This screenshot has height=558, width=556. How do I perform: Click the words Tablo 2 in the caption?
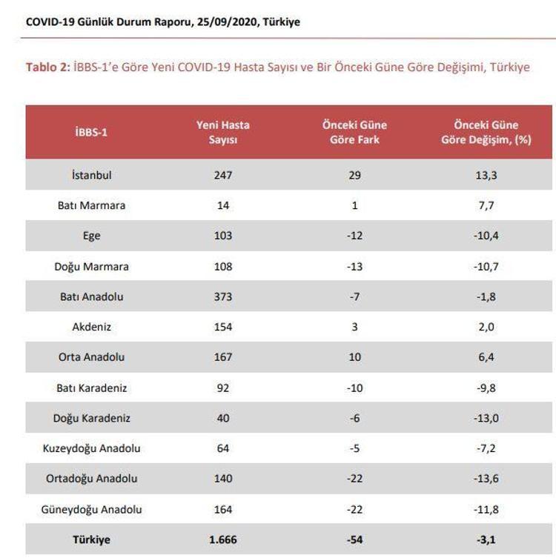[x=47, y=67]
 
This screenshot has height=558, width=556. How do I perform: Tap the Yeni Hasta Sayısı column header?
[x=222, y=132]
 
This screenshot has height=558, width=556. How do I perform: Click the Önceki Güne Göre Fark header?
[x=354, y=132]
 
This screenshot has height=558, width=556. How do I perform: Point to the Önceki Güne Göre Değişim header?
[x=486, y=132]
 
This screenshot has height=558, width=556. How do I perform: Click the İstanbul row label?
[x=91, y=176]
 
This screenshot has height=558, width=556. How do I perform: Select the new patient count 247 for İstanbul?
[x=222, y=176]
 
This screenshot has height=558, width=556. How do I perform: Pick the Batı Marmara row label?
[x=91, y=206]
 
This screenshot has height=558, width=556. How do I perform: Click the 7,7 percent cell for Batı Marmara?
[x=486, y=206]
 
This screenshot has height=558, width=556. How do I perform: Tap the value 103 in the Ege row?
[x=222, y=236]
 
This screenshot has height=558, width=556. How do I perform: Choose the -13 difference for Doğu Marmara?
[x=354, y=266]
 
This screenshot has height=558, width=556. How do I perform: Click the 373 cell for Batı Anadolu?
[x=222, y=296]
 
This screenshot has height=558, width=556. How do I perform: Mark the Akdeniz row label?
[x=91, y=327]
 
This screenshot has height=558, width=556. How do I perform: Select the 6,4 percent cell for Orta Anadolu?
[x=486, y=357]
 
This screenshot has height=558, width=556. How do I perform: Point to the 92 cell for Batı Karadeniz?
[x=222, y=388]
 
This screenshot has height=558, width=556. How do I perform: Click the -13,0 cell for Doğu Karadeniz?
[x=486, y=418]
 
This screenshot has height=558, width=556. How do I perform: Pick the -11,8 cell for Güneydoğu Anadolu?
[x=486, y=509]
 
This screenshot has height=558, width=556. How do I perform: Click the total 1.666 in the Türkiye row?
[x=222, y=539]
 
